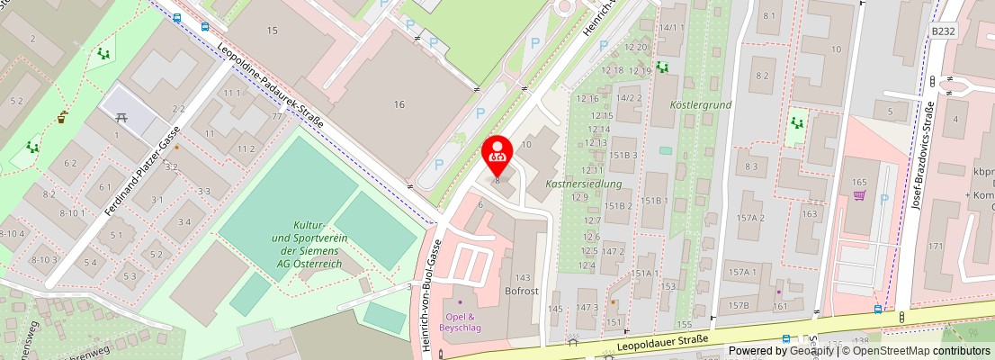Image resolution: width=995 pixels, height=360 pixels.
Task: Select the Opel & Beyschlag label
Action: pos(461,321)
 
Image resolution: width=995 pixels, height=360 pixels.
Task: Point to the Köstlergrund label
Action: pos(701,104)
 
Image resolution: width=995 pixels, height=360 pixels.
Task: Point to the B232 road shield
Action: pos(942,31)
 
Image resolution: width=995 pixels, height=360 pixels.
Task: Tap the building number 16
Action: pos(399,104)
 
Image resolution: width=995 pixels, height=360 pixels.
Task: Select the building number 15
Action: pos(272,31)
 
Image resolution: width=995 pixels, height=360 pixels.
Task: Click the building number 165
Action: pos(858,183)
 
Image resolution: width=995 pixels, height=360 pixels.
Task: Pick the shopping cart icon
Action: pos(858,194)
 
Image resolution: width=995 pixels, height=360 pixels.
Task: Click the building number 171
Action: pos(936,246)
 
